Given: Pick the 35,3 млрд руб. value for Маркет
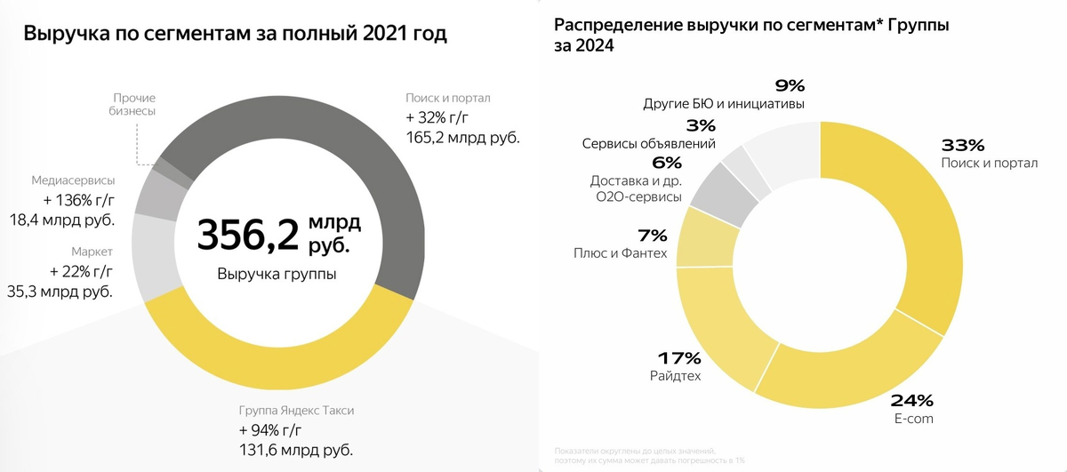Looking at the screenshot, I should [x=60, y=291].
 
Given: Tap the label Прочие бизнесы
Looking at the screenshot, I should [x=134, y=104].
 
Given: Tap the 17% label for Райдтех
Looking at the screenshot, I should [x=679, y=358].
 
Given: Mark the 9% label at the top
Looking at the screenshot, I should [x=790, y=86].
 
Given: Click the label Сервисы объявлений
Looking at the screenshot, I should [x=648, y=143].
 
